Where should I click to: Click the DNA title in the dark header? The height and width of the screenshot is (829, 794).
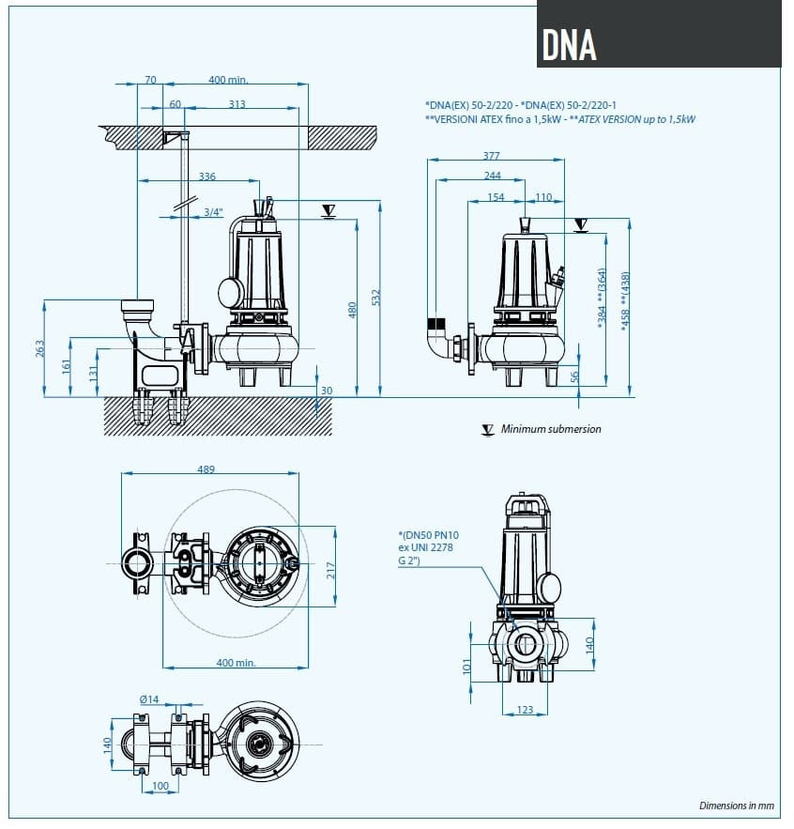coord(570,42)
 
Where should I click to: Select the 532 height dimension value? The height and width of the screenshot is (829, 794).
coord(377,297)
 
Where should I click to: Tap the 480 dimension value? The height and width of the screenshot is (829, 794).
coord(354,309)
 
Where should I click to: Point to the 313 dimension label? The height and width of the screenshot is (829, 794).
coord(237,104)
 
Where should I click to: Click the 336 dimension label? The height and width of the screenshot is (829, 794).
coord(206,177)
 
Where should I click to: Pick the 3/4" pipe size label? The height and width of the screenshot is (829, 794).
coord(214,212)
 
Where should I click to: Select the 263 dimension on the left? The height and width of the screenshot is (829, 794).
coord(39,347)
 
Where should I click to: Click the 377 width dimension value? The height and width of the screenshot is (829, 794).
coord(491,156)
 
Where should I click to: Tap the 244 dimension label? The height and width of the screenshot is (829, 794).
coord(493,176)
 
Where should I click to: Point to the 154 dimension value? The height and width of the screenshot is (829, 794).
coord(496,197)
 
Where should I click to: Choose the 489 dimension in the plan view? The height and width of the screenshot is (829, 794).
coord(206,469)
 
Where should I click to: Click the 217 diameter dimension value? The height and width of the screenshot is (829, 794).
coord(330,571)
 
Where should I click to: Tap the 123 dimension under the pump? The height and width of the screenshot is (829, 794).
coord(525,710)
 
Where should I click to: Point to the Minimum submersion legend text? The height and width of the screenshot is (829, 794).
coord(551,429)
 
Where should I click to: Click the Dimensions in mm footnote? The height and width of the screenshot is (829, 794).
coord(737,806)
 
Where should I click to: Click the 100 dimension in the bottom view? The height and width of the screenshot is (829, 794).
coord(160,785)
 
